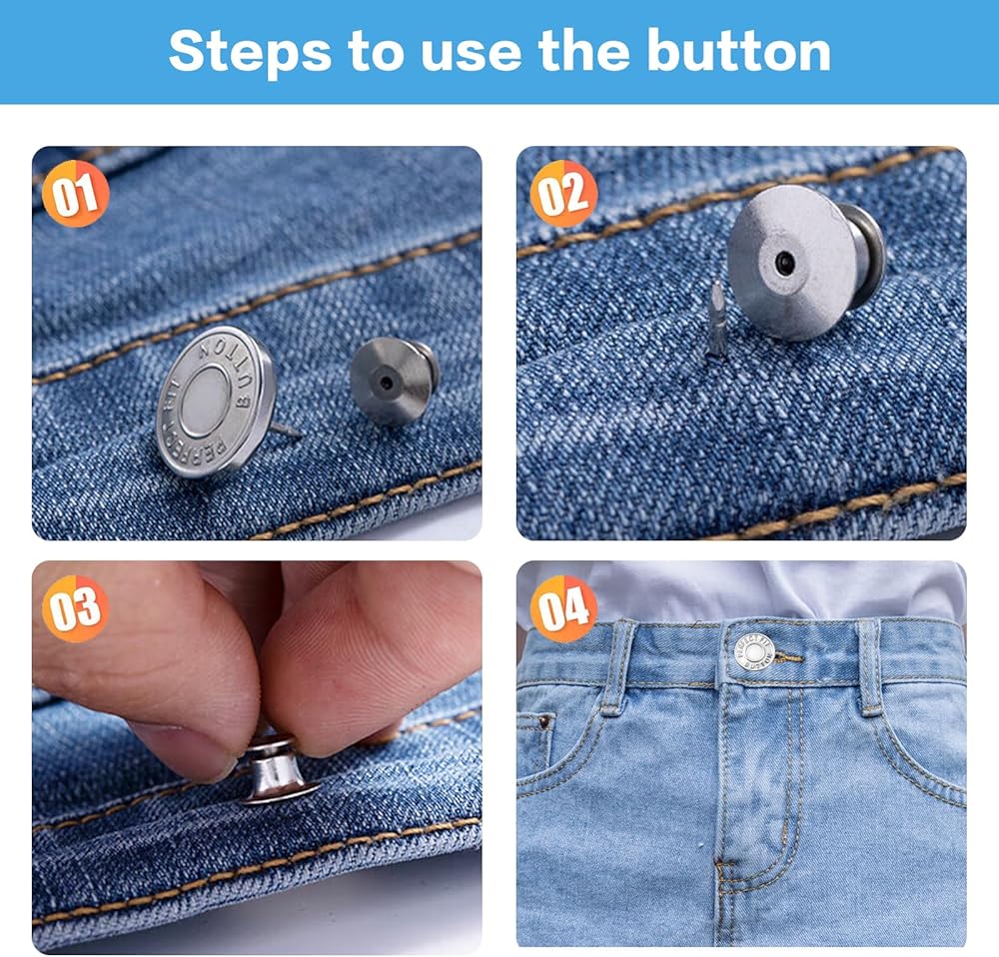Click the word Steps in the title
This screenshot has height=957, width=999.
[x=250, y=52]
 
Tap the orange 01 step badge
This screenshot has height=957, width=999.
[x=75, y=193]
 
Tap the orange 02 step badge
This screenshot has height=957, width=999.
[x=563, y=193]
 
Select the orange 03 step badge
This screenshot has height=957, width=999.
[x=75, y=608]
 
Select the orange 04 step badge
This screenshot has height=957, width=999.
[x=563, y=608]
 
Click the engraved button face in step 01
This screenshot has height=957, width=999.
[x=216, y=402]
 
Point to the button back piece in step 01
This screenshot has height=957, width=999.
[x=394, y=381]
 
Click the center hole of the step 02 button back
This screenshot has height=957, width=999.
[x=784, y=262]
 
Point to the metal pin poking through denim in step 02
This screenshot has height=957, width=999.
[x=716, y=319]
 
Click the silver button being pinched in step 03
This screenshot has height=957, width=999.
[x=277, y=769]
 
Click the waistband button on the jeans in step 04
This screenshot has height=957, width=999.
[x=754, y=652]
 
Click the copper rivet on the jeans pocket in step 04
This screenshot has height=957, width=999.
[x=544, y=722]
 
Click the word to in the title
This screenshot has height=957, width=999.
[x=376, y=52]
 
